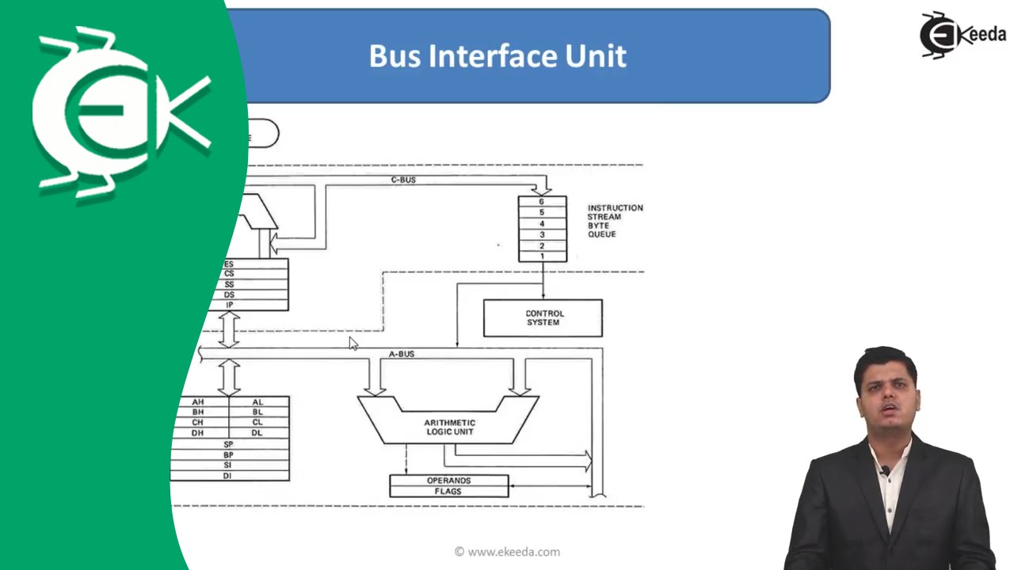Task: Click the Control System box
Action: [543, 317]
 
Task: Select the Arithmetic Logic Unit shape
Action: [448, 426]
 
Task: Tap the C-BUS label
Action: [403, 180]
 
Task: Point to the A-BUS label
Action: [402, 354]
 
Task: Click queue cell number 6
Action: [542, 202]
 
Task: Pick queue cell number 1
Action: [542, 256]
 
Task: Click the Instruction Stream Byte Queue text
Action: [615, 221]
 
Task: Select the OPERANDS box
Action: [448, 481]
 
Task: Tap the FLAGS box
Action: [448, 492]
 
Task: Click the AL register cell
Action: [258, 402]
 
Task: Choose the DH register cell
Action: [199, 432]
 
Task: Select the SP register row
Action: [228, 444]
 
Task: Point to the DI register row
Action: [228, 476]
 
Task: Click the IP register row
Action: [231, 305]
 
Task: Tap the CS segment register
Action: [231, 274]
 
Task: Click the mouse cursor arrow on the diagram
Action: [353, 342]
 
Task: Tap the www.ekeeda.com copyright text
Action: [507, 552]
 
